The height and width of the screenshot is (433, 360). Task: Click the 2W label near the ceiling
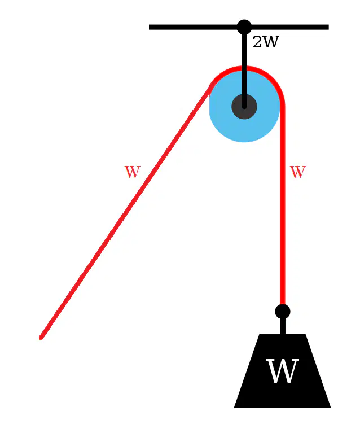266,42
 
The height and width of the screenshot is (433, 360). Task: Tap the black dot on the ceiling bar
244,27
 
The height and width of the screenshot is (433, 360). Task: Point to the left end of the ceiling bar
150,27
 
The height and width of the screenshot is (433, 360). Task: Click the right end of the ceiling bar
328,27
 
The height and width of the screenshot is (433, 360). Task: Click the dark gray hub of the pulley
244,106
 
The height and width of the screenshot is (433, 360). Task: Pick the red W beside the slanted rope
133,172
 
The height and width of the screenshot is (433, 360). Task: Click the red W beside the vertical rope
297,172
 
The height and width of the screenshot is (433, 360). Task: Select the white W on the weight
282,371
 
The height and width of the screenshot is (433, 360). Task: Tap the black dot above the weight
283,312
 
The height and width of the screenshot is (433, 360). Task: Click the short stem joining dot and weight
283,326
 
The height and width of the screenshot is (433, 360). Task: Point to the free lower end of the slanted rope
41,338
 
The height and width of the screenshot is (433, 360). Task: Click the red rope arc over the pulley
244,68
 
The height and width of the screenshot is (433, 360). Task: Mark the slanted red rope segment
126,211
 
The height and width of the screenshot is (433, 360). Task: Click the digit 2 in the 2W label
257,42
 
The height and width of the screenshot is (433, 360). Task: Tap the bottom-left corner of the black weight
234,408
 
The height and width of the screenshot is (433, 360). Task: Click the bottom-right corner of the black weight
331,408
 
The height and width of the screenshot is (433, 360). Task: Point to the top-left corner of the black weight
260,334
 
